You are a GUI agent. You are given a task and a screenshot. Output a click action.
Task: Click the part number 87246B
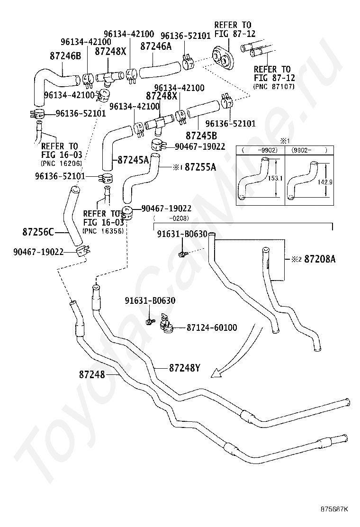coord(65,56)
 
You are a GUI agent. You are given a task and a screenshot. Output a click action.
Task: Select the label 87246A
coord(156,46)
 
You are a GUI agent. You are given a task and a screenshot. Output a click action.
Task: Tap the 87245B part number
coord(201,135)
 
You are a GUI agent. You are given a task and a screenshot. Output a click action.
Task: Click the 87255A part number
coord(200,167)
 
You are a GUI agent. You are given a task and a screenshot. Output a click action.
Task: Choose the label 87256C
coord(38,232)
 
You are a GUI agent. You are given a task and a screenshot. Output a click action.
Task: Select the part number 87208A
coord(320,259)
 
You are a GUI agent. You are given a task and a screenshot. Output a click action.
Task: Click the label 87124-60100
coord(212,327)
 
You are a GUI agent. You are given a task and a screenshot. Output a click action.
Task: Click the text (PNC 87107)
coord(274,87)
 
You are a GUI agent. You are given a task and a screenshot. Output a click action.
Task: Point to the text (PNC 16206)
coord(61,164)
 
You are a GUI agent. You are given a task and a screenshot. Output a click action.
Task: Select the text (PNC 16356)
coord(103,231)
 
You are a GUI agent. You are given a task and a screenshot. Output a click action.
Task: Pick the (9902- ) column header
coord(309,150)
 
